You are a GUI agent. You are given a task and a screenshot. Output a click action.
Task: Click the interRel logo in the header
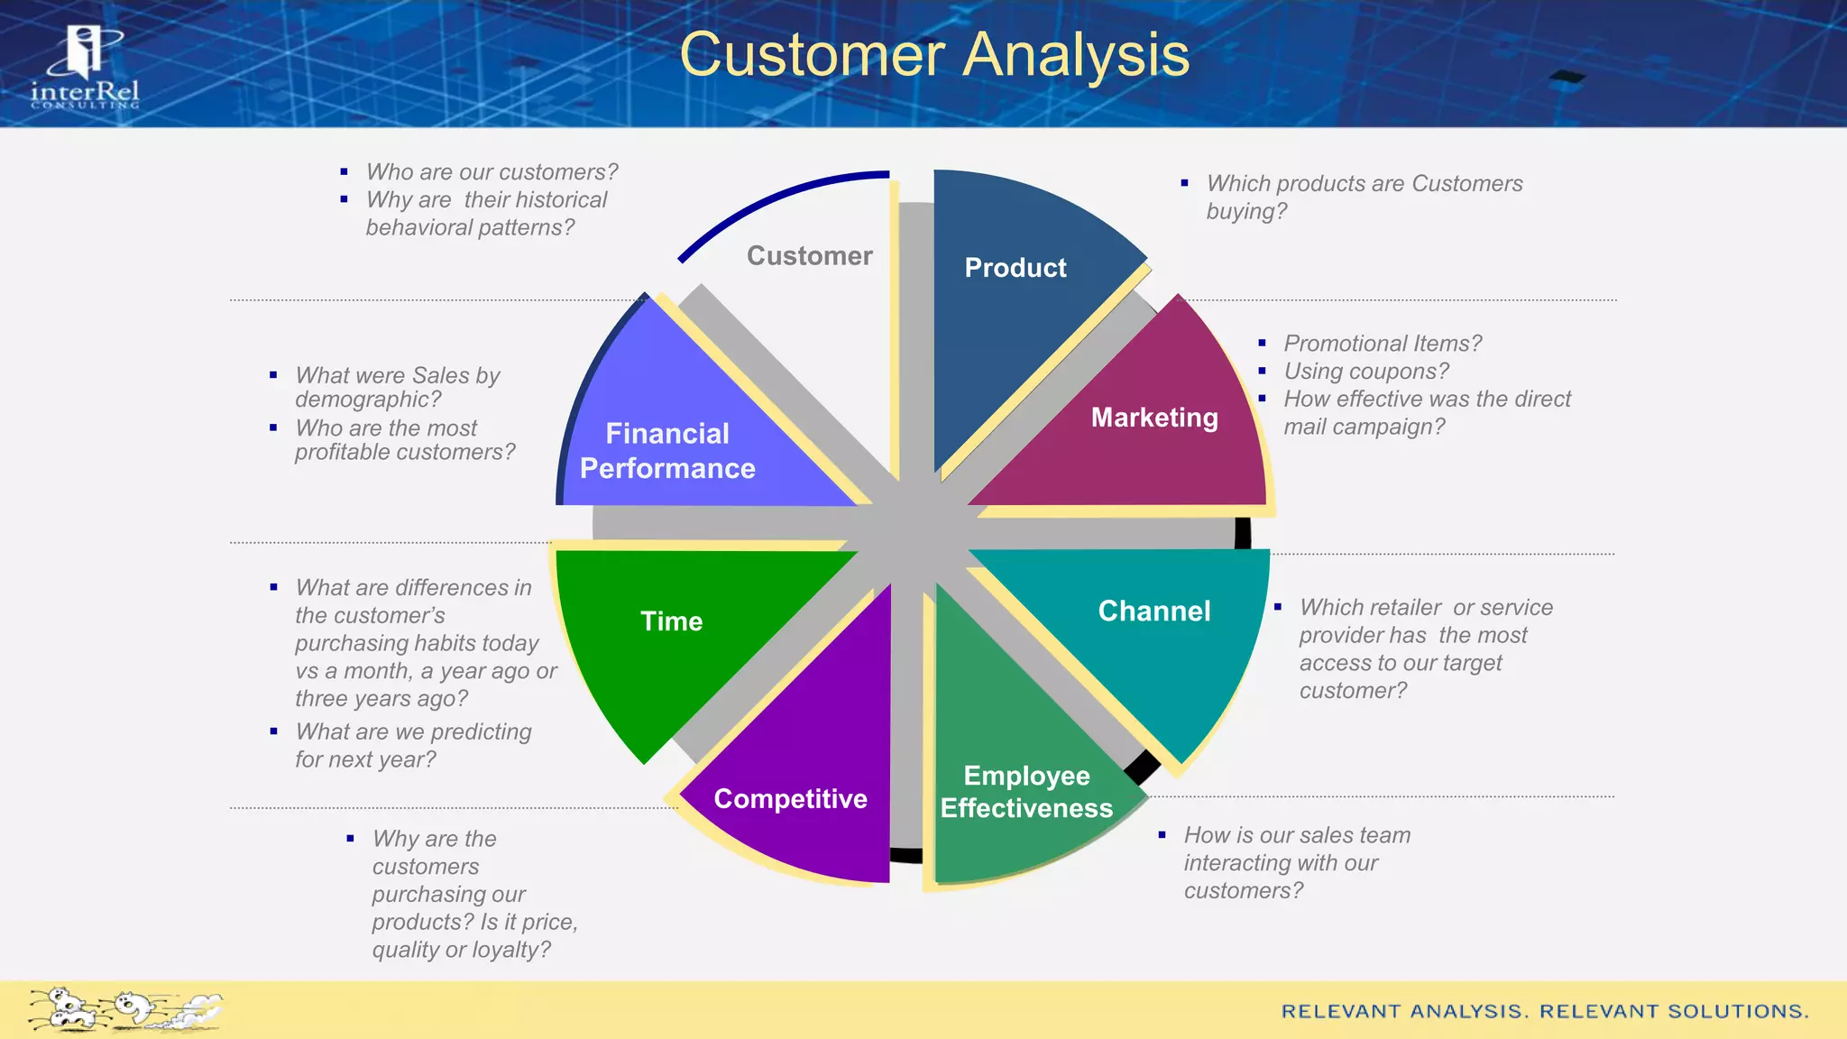click(x=85, y=69)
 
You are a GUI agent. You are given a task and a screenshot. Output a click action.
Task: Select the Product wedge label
click(x=1015, y=268)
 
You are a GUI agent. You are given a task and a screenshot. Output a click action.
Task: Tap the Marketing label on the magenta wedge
click(x=1153, y=418)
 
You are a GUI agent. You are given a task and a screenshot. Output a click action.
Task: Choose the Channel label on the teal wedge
click(x=1153, y=611)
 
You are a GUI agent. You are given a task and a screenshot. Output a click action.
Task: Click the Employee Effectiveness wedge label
click(x=1026, y=792)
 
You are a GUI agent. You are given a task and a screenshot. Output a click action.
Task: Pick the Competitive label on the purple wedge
click(x=790, y=799)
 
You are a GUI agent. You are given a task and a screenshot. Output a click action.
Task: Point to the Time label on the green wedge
click(x=671, y=621)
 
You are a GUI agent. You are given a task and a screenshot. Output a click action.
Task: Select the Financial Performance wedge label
click(x=667, y=451)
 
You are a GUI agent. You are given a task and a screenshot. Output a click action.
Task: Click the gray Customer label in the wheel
click(x=809, y=256)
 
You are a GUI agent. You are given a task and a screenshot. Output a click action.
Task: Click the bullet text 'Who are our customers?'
click(x=492, y=172)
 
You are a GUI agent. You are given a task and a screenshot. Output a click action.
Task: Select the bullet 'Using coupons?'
click(x=1365, y=372)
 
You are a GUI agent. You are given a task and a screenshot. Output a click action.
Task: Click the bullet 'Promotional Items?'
click(x=1382, y=344)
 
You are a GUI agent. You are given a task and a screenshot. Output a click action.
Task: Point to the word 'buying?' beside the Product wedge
click(x=1246, y=212)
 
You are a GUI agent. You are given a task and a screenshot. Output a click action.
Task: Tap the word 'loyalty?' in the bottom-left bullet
click(x=509, y=950)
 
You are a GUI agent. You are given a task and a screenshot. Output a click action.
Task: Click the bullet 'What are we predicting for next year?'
click(x=413, y=745)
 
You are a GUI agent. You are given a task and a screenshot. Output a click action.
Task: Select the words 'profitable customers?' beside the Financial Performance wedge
click(x=405, y=452)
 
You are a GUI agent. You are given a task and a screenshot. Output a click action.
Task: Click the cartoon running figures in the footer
click(x=124, y=1009)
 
